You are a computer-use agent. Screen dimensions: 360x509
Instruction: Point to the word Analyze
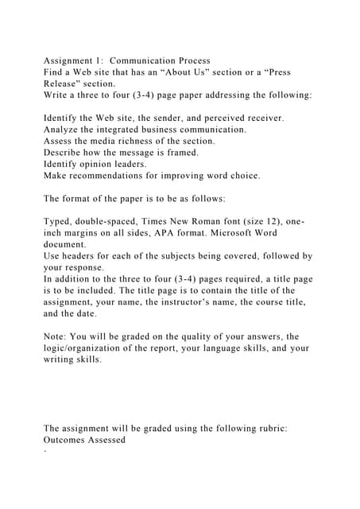pos(64,129)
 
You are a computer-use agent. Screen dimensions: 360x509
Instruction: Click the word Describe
pos(66,152)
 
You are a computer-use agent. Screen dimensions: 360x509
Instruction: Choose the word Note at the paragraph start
pos(57,336)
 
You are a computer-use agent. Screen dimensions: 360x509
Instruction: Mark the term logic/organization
pos(91,348)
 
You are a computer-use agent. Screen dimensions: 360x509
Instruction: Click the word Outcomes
pos(70,440)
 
